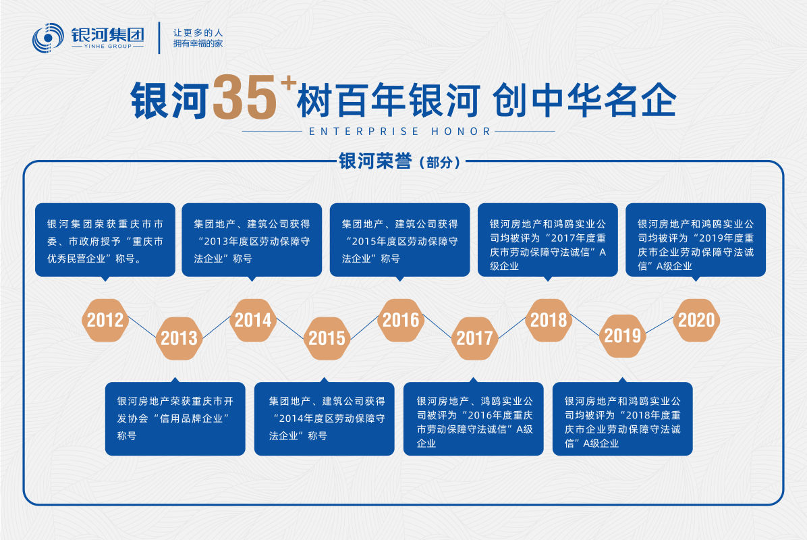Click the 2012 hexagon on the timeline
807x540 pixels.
pyautogui.click(x=105, y=320)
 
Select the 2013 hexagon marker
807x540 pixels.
pyautogui.click(x=179, y=338)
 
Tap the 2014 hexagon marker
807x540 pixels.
pyautogui.click(x=253, y=320)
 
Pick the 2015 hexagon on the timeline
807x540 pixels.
pyautogui.click(x=327, y=338)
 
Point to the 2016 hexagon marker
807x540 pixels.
pyautogui.click(x=401, y=320)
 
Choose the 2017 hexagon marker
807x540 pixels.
pyautogui.click(x=474, y=338)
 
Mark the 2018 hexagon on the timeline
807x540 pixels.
pyautogui.click(x=549, y=320)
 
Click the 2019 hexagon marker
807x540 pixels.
pyautogui.click(x=622, y=336)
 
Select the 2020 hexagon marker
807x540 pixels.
pyautogui.click(x=696, y=320)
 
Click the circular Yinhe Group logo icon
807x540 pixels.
pyautogui.click(x=48, y=38)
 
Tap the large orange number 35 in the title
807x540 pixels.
pyautogui.click(x=244, y=99)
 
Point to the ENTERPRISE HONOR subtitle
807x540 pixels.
pyautogui.click(x=399, y=132)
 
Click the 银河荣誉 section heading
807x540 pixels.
pyautogui.click(x=375, y=161)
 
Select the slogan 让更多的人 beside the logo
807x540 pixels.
pyautogui.click(x=198, y=32)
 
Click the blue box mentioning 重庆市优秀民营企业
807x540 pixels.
pyautogui.click(x=105, y=240)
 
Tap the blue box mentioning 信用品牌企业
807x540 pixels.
pyautogui.click(x=175, y=418)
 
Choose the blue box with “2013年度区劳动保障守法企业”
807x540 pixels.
pyautogui.click(x=252, y=240)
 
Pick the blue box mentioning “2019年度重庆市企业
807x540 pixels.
pyautogui.click(x=696, y=240)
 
